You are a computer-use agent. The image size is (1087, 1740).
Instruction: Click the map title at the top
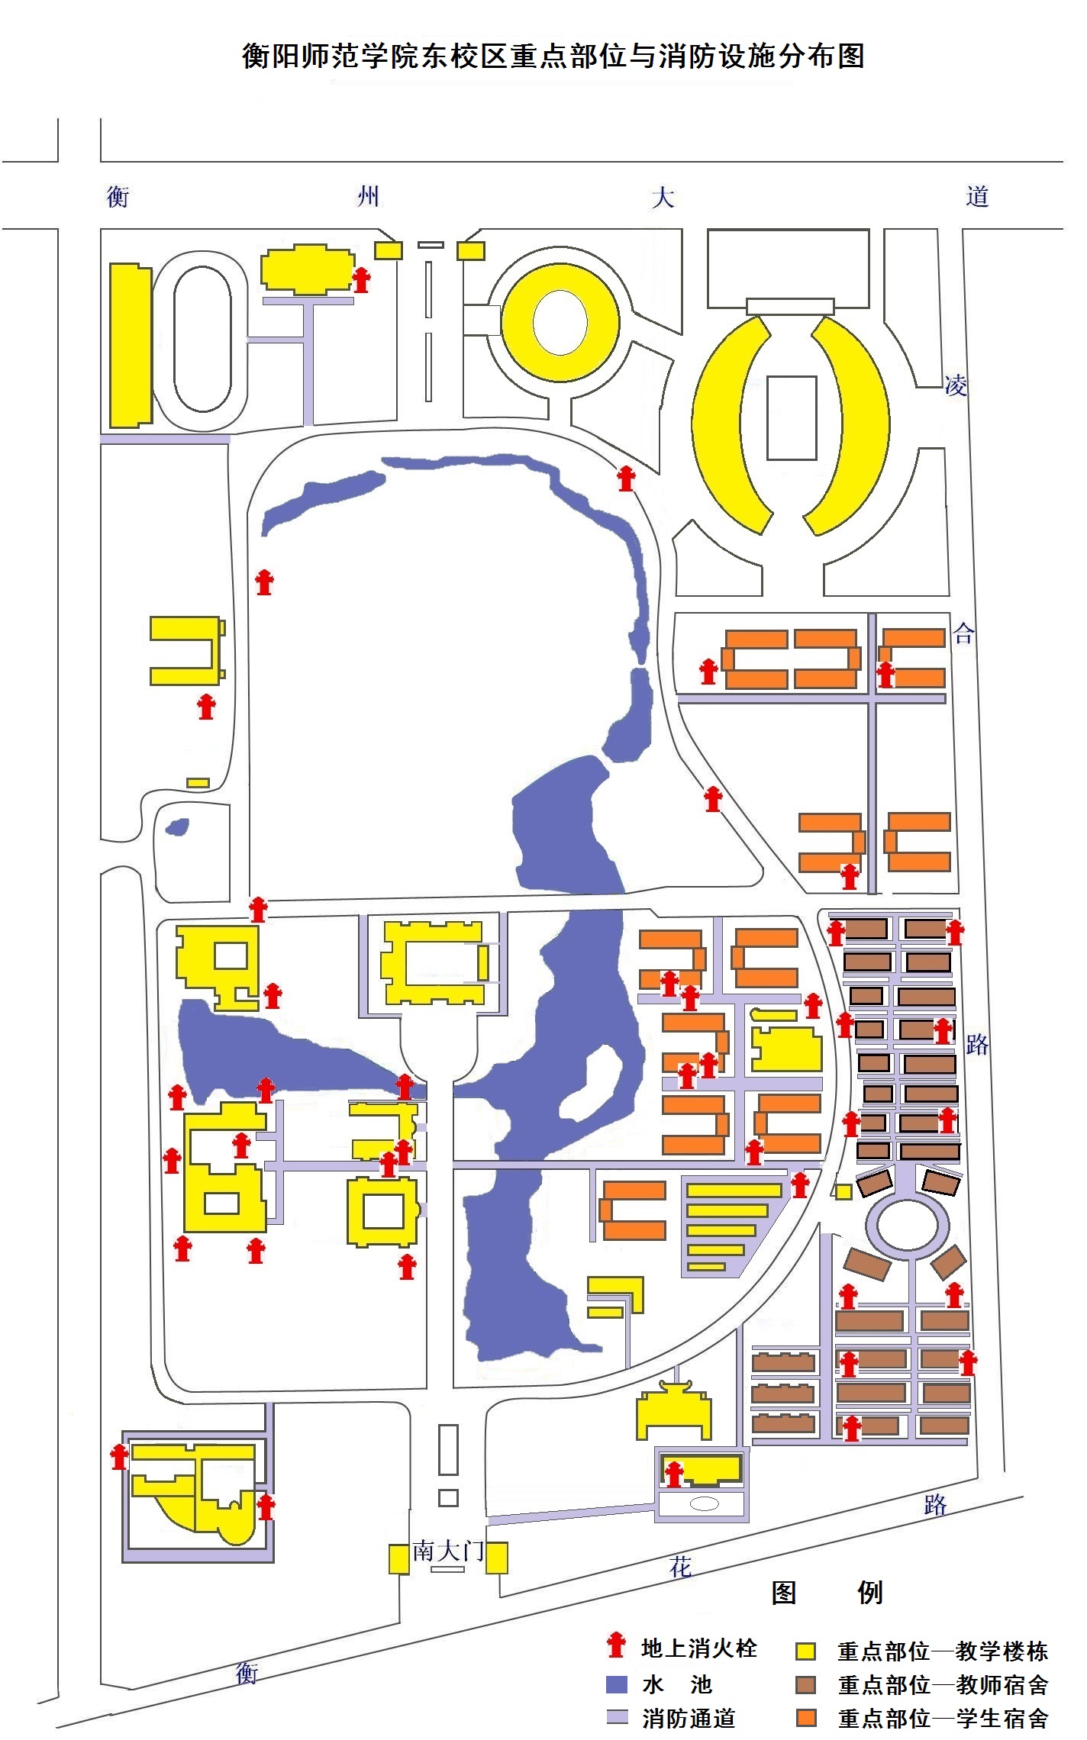coord(553,56)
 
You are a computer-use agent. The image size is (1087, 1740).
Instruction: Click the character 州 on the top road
coord(369,197)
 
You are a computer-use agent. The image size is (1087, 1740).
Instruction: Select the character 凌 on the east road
coord(956,385)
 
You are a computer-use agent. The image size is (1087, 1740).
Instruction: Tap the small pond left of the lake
coord(177,826)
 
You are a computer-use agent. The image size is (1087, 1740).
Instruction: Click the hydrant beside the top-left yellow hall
coord(361,279)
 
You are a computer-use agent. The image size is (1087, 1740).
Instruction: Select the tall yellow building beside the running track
coord(131,346)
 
